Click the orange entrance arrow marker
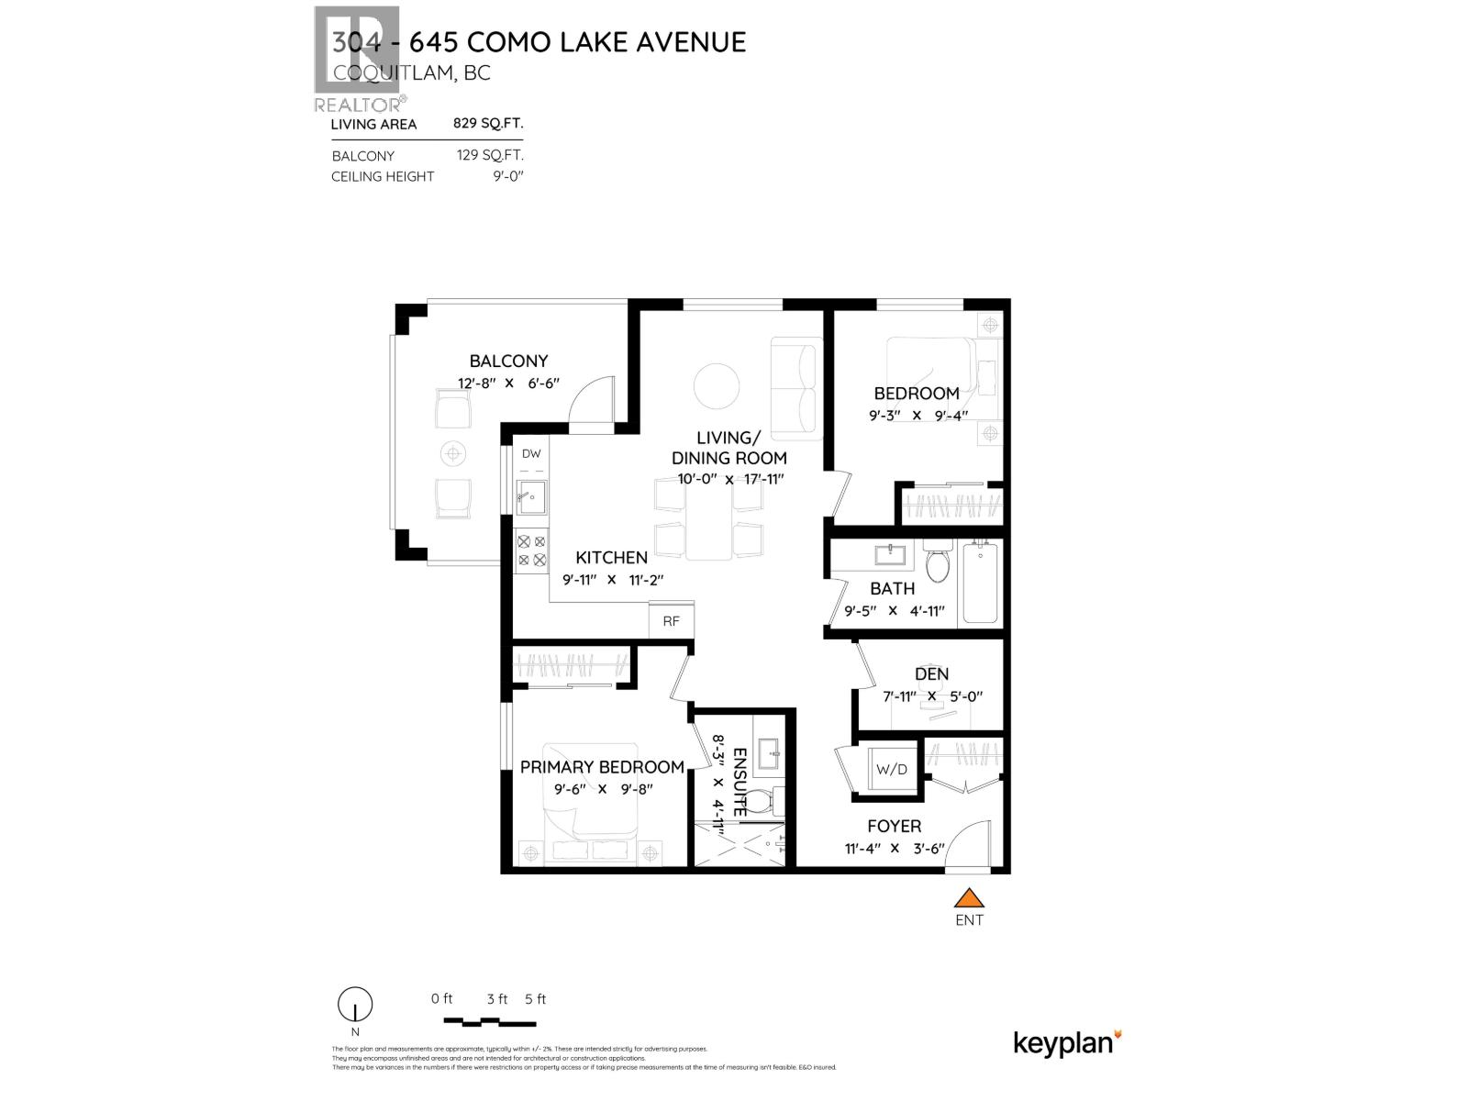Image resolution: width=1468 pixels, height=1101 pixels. (x=969, y=898)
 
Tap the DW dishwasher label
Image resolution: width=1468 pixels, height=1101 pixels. (x=531, y=453)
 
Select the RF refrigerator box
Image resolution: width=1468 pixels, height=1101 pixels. (x=672, y=621)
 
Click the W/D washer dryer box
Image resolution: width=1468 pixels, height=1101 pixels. (x=891, y=769)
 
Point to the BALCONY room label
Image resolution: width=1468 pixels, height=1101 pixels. (x=508, y=361)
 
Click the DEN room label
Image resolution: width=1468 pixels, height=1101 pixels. (x=931, y=674)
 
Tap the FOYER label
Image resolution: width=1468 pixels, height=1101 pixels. (x=894, y=826)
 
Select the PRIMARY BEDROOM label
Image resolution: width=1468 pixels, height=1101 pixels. (x=602, y=767)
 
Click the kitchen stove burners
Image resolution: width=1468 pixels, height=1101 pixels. (x=531, y=550)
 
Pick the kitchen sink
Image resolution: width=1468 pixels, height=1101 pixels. (x=530, y=497)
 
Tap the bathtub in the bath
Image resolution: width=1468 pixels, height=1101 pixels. (x=981, y=582)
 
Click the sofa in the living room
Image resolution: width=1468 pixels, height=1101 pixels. (x=795, y=388)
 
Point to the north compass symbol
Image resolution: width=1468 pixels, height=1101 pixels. (x=355, y=1005)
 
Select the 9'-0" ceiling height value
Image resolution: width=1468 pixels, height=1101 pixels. (x=506, y=176)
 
